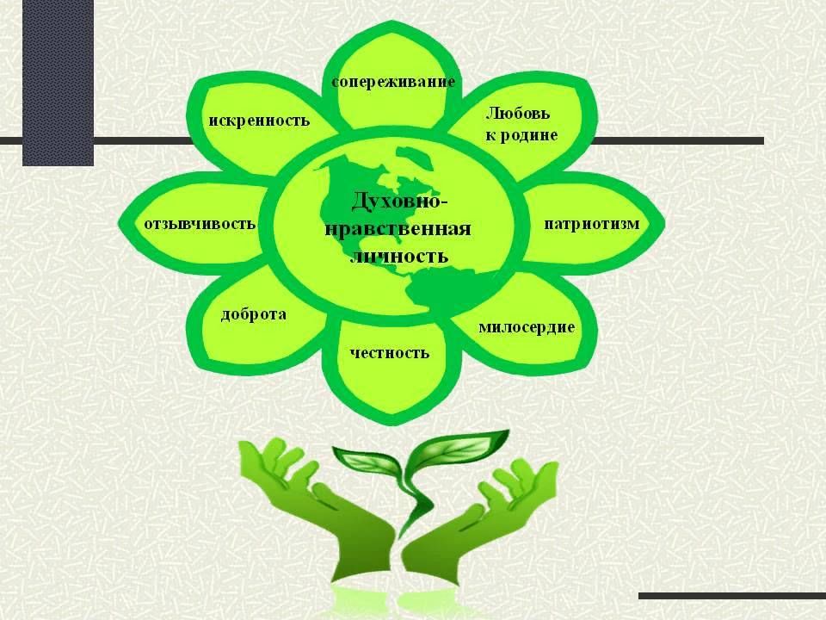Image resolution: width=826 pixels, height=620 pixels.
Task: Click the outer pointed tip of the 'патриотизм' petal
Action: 665,224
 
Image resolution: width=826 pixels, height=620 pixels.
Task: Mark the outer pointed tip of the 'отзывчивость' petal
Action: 118,224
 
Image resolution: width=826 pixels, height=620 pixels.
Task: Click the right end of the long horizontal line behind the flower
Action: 764,140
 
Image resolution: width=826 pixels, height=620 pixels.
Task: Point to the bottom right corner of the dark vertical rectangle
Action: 94,166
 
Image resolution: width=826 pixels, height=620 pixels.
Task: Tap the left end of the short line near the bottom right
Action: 639,596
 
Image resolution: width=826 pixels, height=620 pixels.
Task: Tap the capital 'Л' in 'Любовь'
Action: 491,114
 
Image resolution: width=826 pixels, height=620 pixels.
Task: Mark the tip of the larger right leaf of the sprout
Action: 509,431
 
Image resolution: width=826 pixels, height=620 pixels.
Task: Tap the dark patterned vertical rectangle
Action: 58,83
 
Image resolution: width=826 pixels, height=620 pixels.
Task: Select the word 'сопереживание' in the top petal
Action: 393,83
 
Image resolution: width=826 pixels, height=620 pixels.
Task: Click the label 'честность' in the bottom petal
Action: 390,352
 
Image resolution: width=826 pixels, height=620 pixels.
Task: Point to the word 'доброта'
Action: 253,314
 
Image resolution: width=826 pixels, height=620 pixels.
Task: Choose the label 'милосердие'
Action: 527,327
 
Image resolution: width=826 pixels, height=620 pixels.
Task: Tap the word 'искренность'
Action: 259,121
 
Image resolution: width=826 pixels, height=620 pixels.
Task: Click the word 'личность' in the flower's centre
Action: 399,257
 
